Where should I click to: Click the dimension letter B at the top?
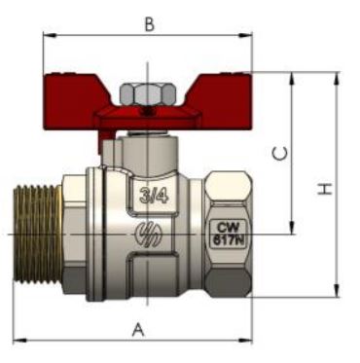tap(149, 23)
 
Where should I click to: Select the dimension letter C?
tap(279, 154)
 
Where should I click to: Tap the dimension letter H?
tap(325, 189)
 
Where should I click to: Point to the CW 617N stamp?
tap(229, 234)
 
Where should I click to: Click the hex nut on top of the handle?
tap(148, 93)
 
